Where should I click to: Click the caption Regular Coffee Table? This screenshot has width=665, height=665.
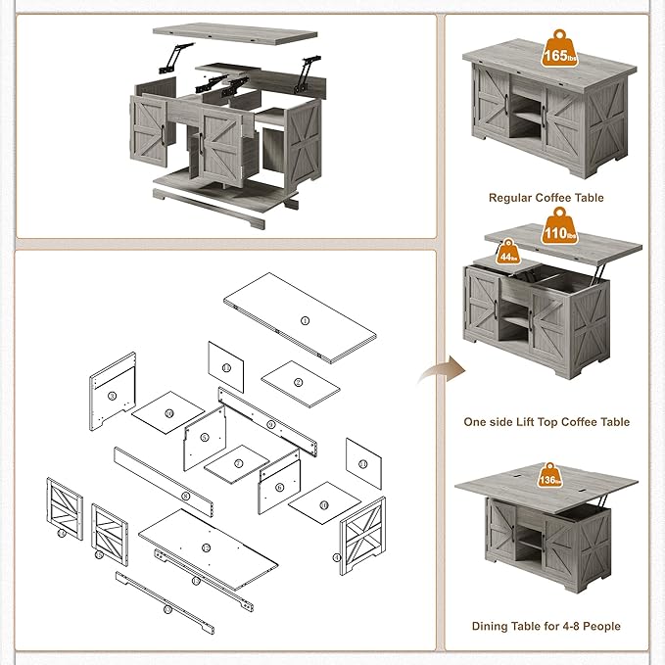point(546,198)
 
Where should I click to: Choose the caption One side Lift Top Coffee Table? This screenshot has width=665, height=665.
point(546,422)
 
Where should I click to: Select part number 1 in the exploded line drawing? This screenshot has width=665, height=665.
point(305,320)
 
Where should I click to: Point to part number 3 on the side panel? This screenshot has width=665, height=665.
point(112,396)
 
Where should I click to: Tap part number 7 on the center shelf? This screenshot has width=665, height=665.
point(238,463)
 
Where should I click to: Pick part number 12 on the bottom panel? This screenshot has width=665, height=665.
point(206,546)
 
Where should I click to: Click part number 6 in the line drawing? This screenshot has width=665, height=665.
point(279,487)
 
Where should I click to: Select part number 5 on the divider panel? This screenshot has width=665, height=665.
point(206,438)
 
